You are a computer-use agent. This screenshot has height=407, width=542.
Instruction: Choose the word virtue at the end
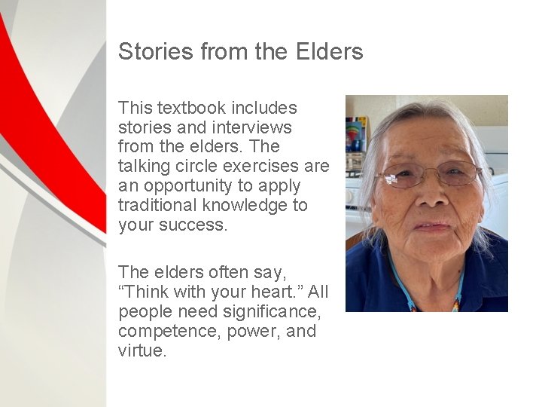pos(141,351)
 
